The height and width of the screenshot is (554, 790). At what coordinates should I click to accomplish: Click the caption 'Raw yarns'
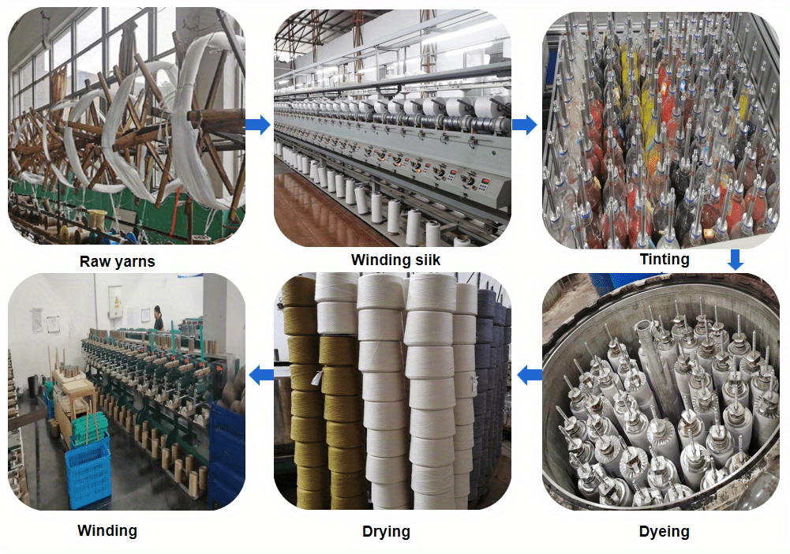[x=117, y=261]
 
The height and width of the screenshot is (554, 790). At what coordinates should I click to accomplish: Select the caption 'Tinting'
[x=664, y=259]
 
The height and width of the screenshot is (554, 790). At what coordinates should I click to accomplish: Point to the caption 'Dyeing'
[x=664, y=531]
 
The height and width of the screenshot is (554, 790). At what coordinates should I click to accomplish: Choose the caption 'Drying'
[x=386, y=531]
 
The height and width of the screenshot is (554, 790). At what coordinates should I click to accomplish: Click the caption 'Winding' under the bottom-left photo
[x=107, y=530]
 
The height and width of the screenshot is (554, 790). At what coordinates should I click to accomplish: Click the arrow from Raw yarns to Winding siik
[x=257, y=125]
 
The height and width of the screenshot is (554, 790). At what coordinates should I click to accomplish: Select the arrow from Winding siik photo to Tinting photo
[x=524, y=125]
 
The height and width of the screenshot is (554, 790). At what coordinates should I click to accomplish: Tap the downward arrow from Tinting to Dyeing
[x=735, y=259]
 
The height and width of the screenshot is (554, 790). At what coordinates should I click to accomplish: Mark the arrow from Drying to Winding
[x=260, y=376]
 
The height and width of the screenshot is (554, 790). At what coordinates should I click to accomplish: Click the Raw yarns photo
[x=126, y=126]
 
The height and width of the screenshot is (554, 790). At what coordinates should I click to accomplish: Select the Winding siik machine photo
[x=391, y=126]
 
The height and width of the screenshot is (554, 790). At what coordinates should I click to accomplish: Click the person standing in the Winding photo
[x=159, y=317]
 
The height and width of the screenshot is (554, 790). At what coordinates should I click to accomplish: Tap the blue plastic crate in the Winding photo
[x=87, y=474]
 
